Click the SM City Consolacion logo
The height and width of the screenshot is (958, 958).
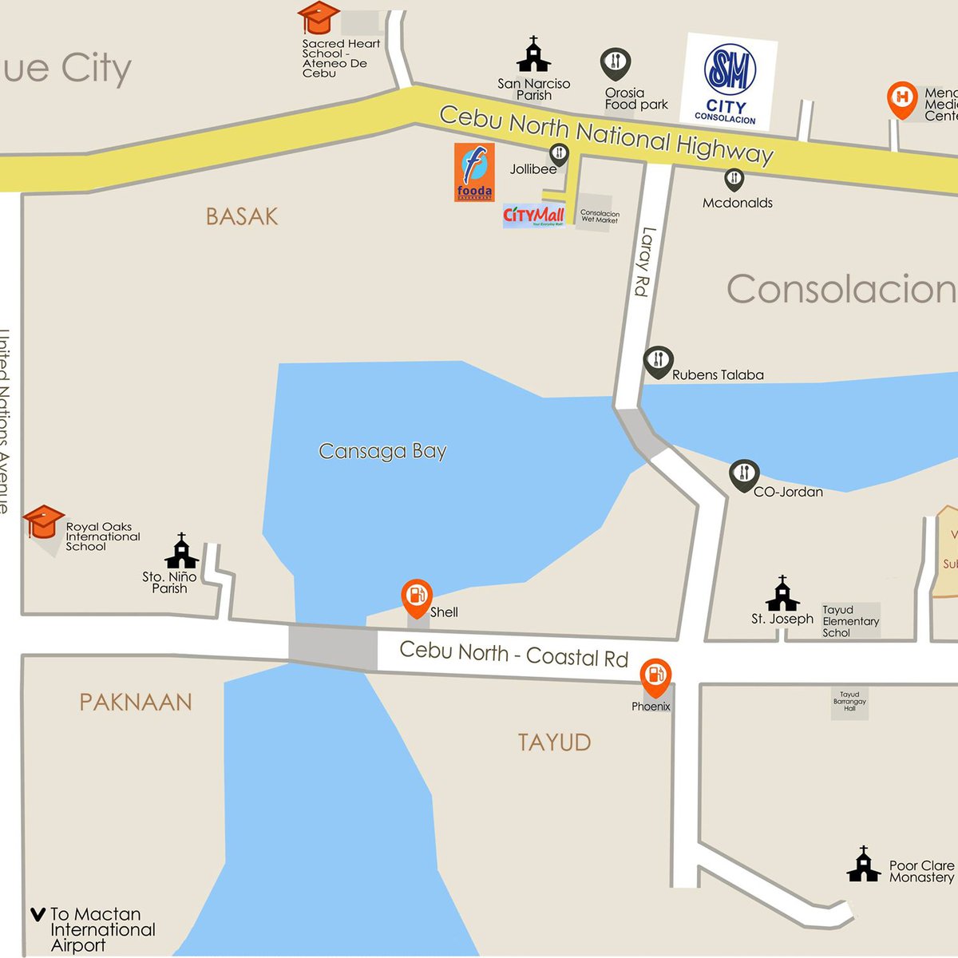[x=730, y=81]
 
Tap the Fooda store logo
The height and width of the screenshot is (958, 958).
[x=474, y=172]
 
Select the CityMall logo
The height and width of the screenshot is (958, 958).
[x=534, y=216]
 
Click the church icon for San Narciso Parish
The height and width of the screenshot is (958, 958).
[x=533, y=55]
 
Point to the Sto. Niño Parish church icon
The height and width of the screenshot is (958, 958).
[x=181, y=552]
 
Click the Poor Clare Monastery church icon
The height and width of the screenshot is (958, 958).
[x=863, y=865]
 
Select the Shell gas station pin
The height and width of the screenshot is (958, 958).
[x=417, y=596]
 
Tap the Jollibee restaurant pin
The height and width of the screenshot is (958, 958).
[x=559, y=154]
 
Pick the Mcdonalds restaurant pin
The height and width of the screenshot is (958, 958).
[x=734, y=179]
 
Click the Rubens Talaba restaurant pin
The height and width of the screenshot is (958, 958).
[x=659, y=362]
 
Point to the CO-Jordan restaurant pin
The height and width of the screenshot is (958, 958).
[x=744, y=475]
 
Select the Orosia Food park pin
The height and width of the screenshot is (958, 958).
[x=616, y=63]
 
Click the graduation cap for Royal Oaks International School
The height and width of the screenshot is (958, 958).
[x=43, y=522]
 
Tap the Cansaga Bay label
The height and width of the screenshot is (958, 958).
[x=382, y=451]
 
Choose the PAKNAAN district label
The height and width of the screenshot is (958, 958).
[x=136, y=702]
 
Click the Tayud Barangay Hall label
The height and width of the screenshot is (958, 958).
[x=849, y=701]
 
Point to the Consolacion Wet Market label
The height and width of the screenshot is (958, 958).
[x=600, y=216]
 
